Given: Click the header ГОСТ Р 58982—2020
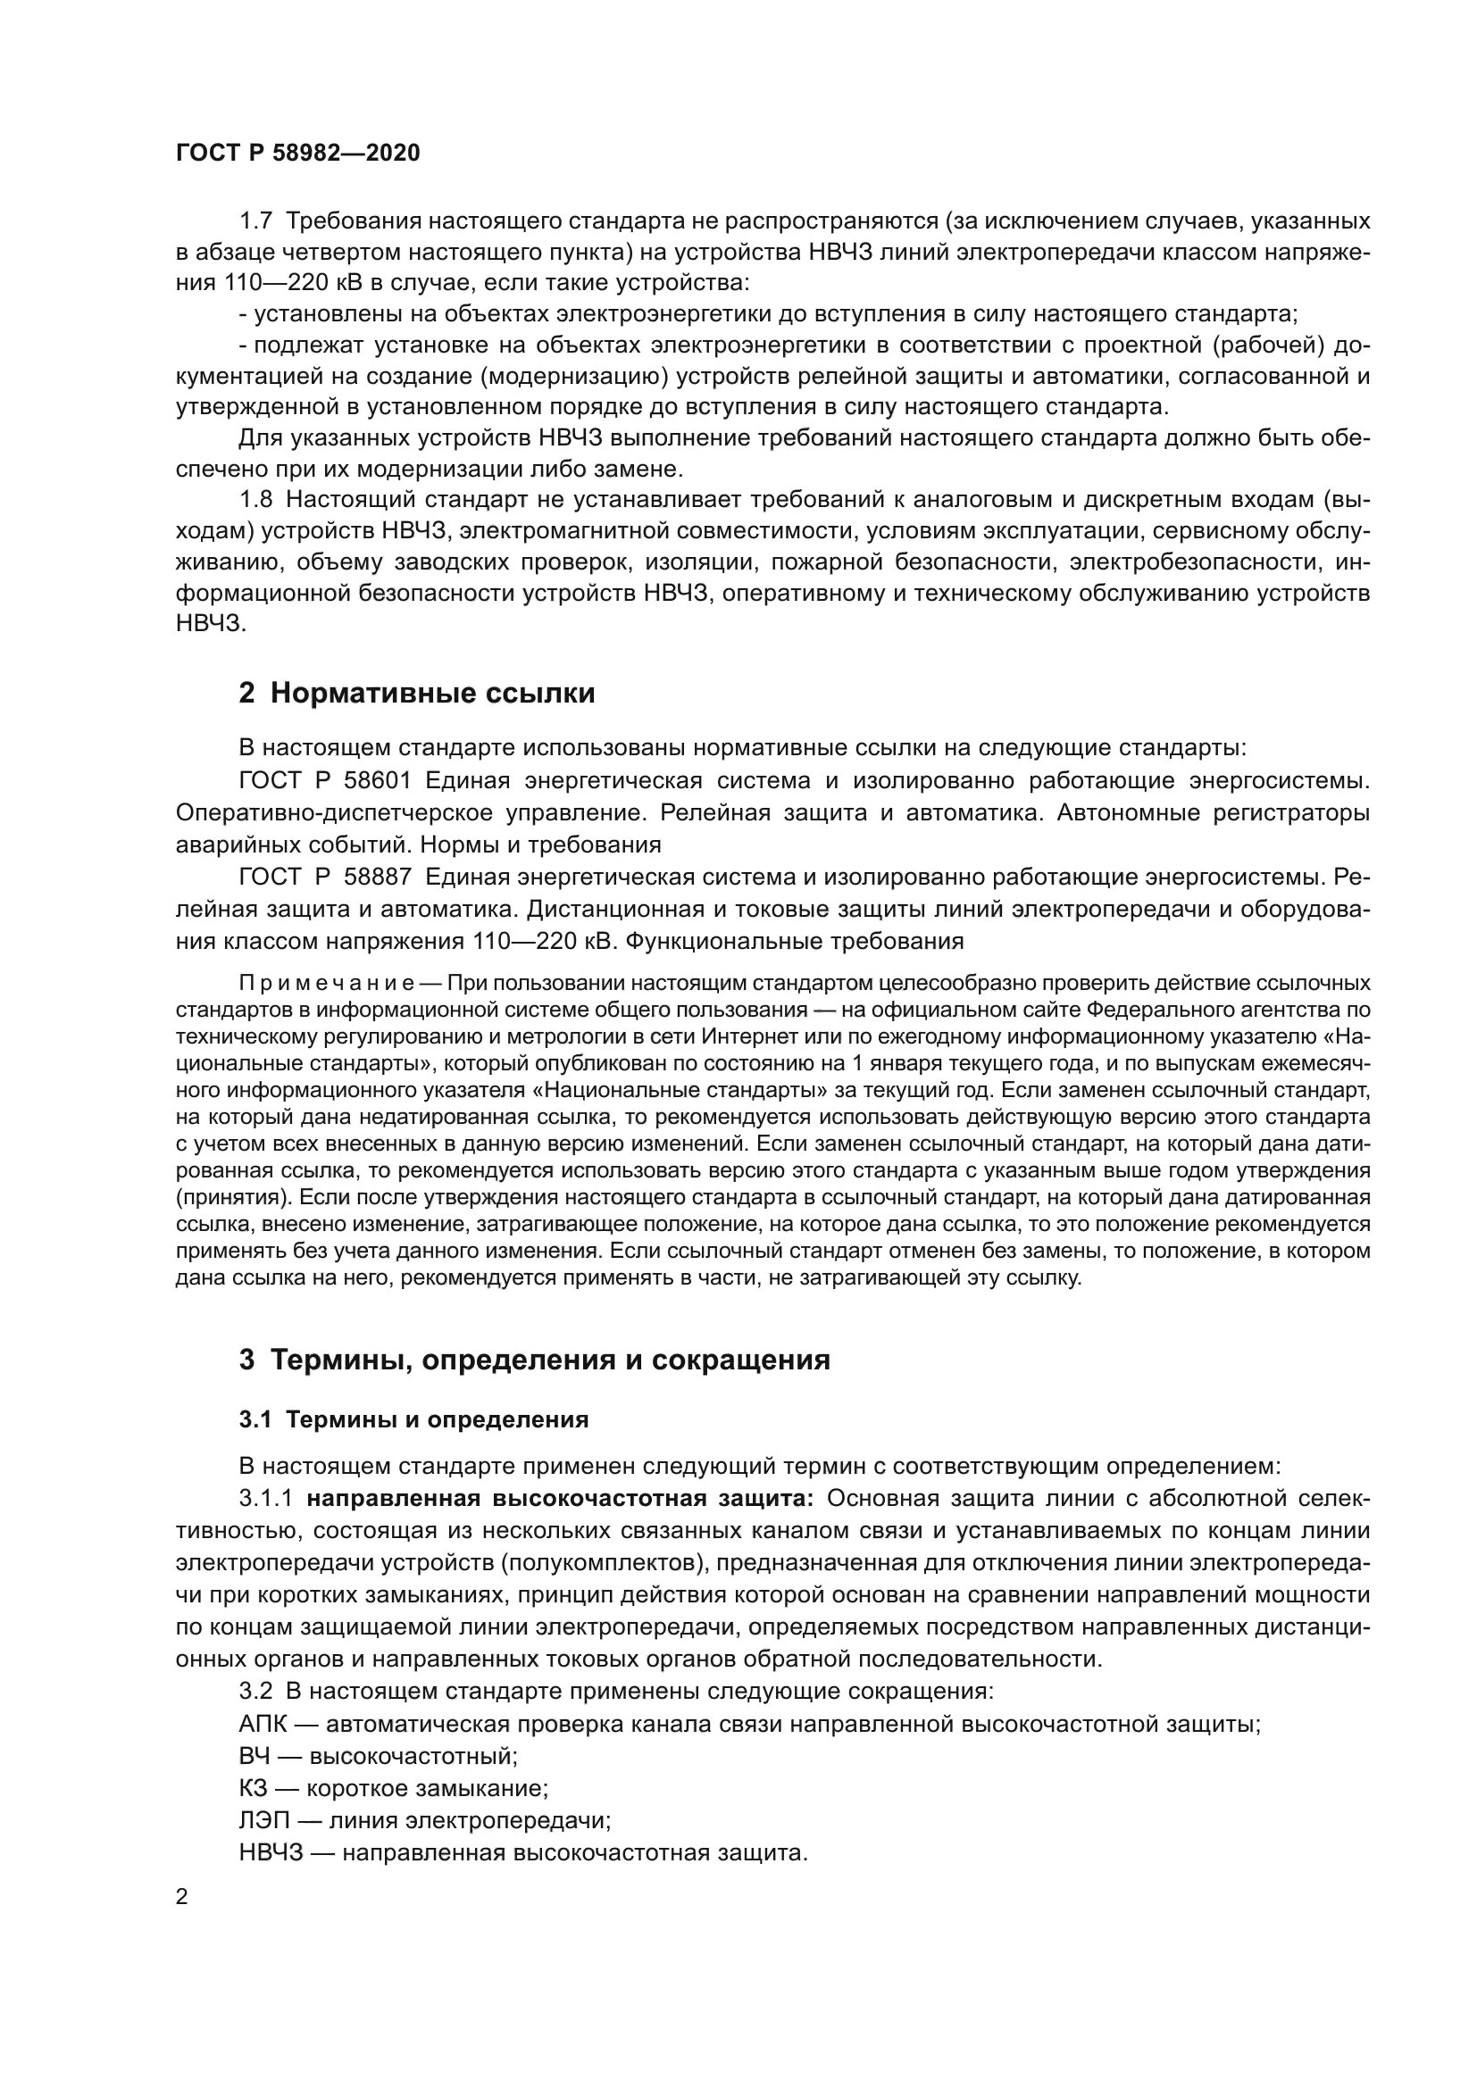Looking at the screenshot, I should [298, 154].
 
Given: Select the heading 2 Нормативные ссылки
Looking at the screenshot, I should [416, 693].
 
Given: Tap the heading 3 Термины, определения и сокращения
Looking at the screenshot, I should [535, 1386].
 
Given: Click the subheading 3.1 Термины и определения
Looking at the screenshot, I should [413, 1446].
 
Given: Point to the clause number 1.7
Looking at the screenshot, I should [255, 221].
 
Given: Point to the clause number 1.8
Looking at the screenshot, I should [255, 499].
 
